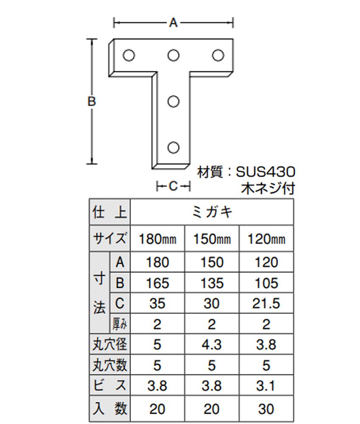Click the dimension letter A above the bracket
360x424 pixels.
pos(173,23)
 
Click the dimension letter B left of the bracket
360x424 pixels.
pos(91,101)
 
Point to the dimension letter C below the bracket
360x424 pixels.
pos(173,186)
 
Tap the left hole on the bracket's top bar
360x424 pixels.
pos(129,55)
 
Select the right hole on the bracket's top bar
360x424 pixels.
pos(218,55)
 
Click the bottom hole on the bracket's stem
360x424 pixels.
pos(173,148)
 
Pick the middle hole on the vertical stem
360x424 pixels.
pos(173,101)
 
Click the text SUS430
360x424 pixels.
pos(266,172)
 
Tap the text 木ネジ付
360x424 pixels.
pos(268,189)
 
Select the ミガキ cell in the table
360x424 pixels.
pos(212,212)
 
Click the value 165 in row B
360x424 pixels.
pos(158,283)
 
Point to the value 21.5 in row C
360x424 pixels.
pos(266,304)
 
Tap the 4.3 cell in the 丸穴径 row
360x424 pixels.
pos(212,344)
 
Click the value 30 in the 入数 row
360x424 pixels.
pos(266,409)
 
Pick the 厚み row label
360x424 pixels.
pos(119,324)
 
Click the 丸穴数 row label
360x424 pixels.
pos(110,365)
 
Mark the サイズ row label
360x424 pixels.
pos(110,239)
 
